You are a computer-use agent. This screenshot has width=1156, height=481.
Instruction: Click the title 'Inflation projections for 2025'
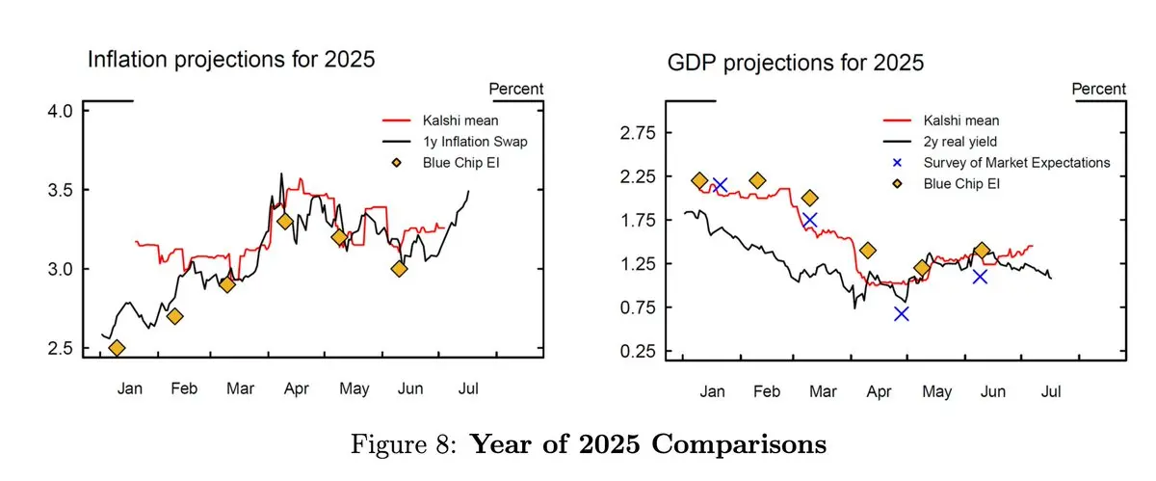[231, 60]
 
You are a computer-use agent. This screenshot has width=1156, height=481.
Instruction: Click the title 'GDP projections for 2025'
[796, 64]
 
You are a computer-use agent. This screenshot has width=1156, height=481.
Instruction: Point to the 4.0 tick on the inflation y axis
[61, 111]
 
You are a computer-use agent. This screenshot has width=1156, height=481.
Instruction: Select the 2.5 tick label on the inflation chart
[61, 348]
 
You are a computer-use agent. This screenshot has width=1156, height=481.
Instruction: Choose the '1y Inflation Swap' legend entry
[476, 142]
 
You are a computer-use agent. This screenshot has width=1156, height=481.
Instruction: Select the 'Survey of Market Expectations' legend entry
[1016, 162]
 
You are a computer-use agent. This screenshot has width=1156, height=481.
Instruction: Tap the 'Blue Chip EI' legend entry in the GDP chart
[975, 182]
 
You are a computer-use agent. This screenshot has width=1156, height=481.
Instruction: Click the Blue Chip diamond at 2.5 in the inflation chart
[118, 348]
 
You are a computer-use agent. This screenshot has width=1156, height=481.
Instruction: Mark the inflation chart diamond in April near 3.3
[285, 221]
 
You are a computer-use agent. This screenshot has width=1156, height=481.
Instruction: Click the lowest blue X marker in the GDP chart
[901, 313]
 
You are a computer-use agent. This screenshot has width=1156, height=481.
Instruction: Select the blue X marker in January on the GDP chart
[719, 184]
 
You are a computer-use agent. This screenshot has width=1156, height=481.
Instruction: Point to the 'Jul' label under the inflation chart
[468, 388]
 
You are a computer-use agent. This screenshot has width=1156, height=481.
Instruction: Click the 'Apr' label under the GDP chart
[879, 392]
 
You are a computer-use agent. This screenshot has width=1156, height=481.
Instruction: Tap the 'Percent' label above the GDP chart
[1099, 90]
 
